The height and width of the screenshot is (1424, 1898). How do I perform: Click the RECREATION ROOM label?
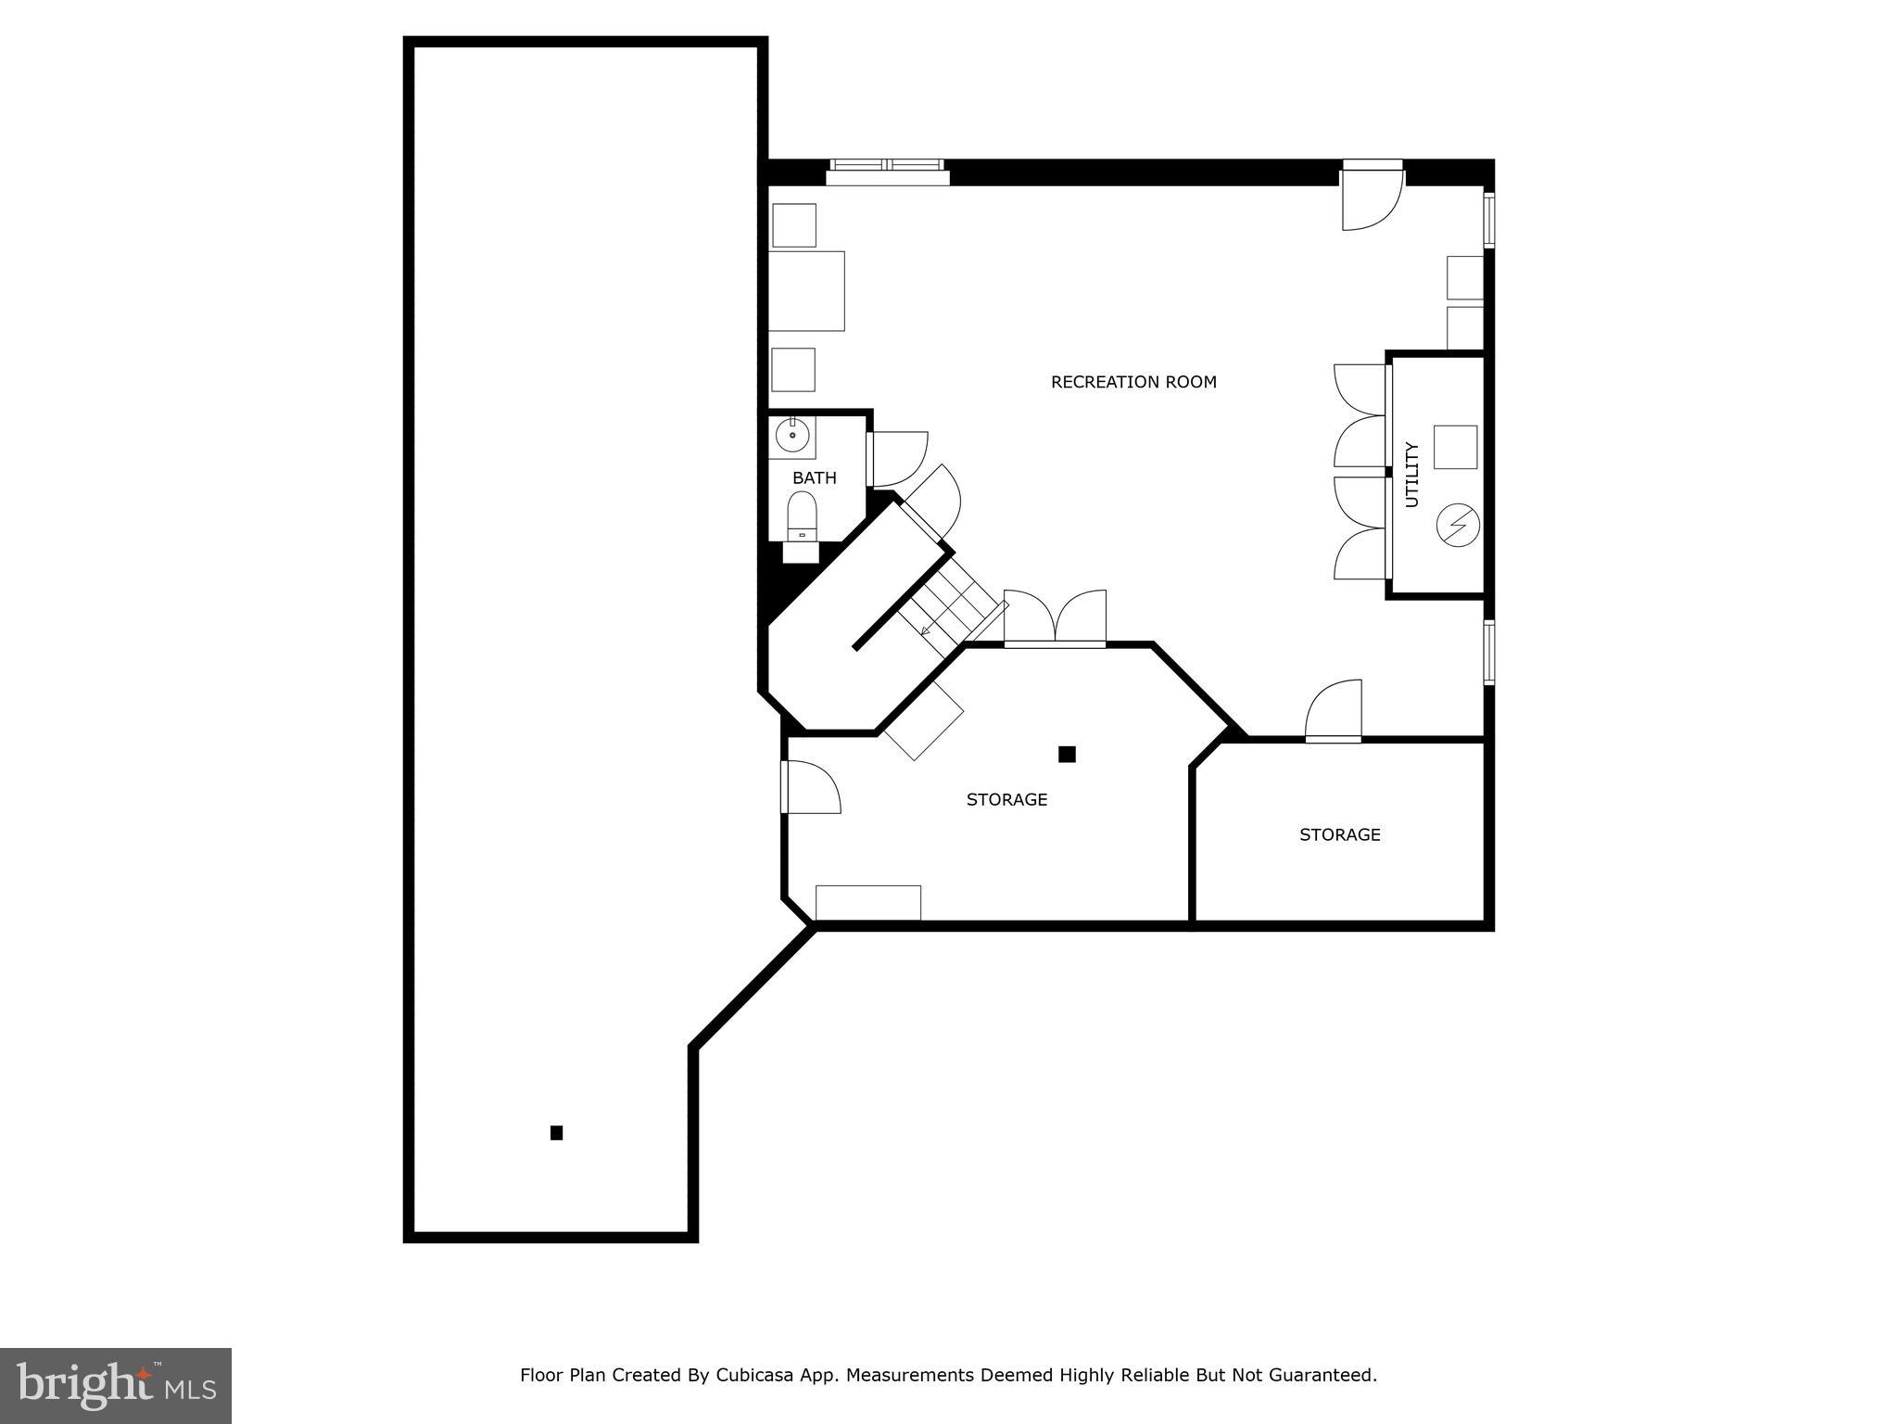click(x=1132, y=382)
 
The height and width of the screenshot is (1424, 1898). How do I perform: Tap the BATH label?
click(x=814, y=478)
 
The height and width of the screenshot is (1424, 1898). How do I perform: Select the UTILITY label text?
click(x=1412, y=475)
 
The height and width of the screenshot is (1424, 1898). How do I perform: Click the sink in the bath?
click(x=792, y=434)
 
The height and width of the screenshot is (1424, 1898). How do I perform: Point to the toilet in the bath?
click(x=802, y=515)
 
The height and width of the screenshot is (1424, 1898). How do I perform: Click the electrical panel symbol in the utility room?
click(x=1457, y=526)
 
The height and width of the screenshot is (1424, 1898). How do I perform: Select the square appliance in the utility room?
click(x=1455, y=447)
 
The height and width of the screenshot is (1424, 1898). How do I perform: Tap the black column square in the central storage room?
click(x=1067, y=754)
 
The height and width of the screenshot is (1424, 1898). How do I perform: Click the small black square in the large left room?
click(x=556, y=1132)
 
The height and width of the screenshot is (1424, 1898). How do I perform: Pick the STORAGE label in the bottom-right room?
click(x=1339, y=834)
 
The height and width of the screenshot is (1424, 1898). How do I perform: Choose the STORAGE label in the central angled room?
click(x=1006, y=799)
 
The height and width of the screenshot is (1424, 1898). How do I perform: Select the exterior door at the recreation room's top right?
click(x=1373, y=199)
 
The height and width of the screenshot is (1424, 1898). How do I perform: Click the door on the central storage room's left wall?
click(x=810, y=787)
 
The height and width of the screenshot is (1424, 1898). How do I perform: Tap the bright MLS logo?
click(x=116, y=1385)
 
